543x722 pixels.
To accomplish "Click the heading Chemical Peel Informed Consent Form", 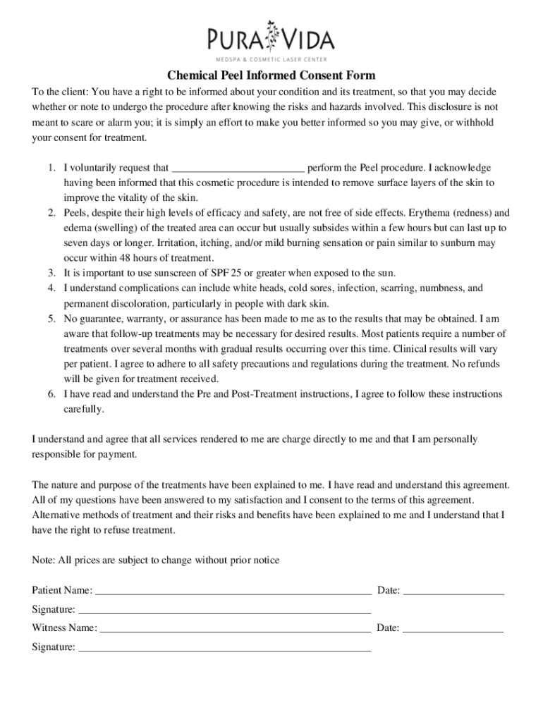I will click(271, 75).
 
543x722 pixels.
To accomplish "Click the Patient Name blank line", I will click(233, 591).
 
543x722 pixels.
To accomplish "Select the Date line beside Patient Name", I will click(453, 591).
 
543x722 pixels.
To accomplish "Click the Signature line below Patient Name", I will click(224, 609).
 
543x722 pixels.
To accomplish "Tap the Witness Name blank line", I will click(236, 628).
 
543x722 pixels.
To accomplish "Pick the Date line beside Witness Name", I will click(453, 628).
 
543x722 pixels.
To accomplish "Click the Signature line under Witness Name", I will click(224, 647).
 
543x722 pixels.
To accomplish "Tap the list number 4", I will click(51, 288).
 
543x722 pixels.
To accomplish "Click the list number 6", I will click(51, 394).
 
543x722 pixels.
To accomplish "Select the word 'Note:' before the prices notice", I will click(44, 561).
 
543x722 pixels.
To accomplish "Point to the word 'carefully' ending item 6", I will click(83, 409).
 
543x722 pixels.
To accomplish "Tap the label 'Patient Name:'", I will click(62, 591).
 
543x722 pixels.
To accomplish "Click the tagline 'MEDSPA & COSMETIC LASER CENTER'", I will click(271, 59).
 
